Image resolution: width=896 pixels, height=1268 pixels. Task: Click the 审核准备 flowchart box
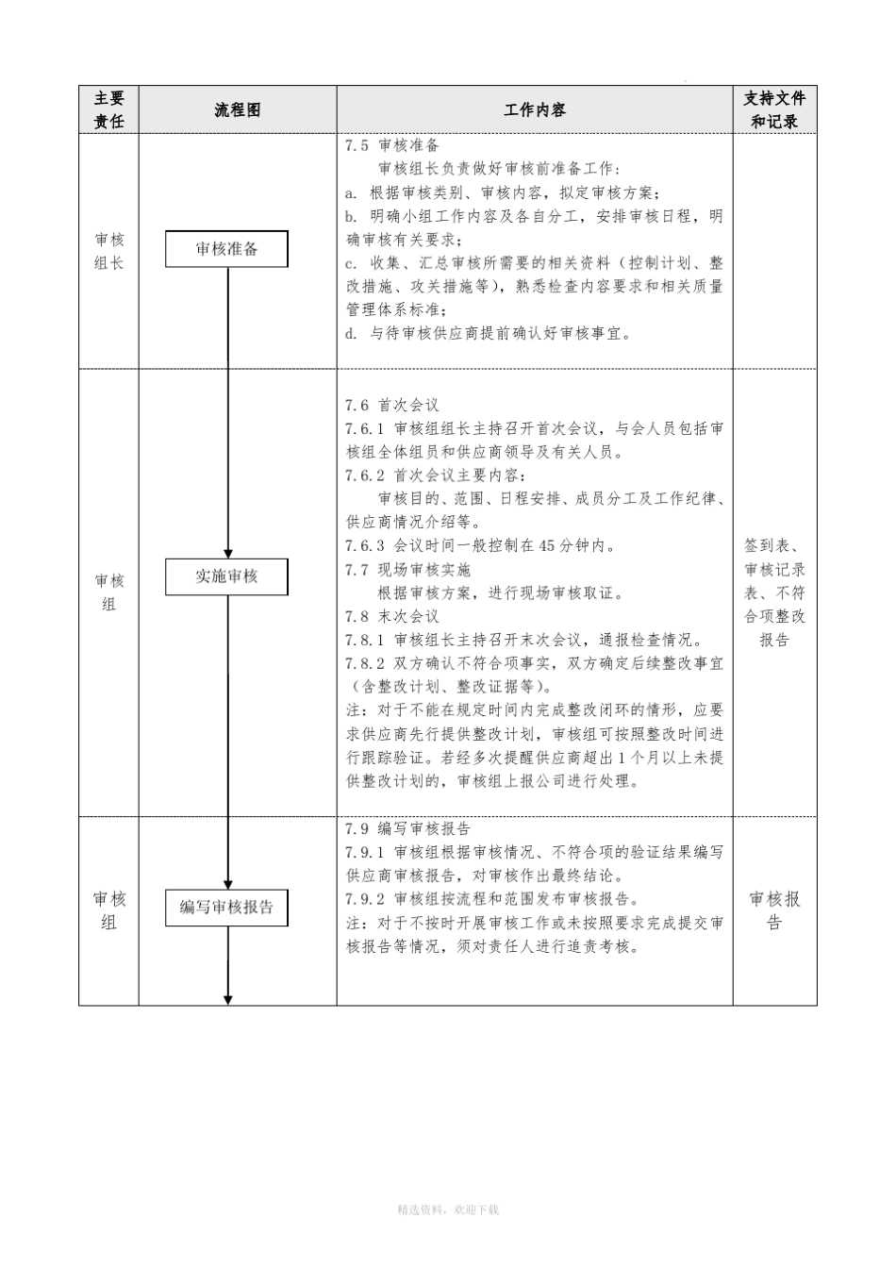pos(226,249)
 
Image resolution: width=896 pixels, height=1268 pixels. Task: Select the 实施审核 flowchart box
pos(226,576)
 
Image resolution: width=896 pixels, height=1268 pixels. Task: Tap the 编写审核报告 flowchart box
pos(226,908)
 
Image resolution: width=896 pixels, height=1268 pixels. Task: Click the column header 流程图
pos(237,110)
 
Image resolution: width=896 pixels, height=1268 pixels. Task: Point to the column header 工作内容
pos(534,110)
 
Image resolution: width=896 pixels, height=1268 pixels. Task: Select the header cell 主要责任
pos(108,109)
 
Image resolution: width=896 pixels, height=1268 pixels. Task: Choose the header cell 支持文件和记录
pos(774,109)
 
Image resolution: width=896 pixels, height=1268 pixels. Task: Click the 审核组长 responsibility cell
pos(108,251)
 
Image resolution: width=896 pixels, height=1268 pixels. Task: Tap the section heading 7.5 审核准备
pos(392,146)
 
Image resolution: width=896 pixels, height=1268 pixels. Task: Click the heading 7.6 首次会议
pos(392,405)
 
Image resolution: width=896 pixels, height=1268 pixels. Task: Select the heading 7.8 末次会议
pos(392,617)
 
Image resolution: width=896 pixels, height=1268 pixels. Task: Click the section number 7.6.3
pos(365,546)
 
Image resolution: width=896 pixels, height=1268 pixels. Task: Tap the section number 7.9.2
pos(365,899)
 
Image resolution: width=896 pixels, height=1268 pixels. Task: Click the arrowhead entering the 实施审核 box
pos(227,553)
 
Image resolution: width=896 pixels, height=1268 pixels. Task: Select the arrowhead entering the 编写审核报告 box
pos(227,884)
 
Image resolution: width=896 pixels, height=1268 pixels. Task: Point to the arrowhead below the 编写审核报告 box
pos(227,999)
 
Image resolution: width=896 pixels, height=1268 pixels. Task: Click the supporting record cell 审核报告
pos(774,910)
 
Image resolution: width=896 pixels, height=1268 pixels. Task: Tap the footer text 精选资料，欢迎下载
pos(448,1209)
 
